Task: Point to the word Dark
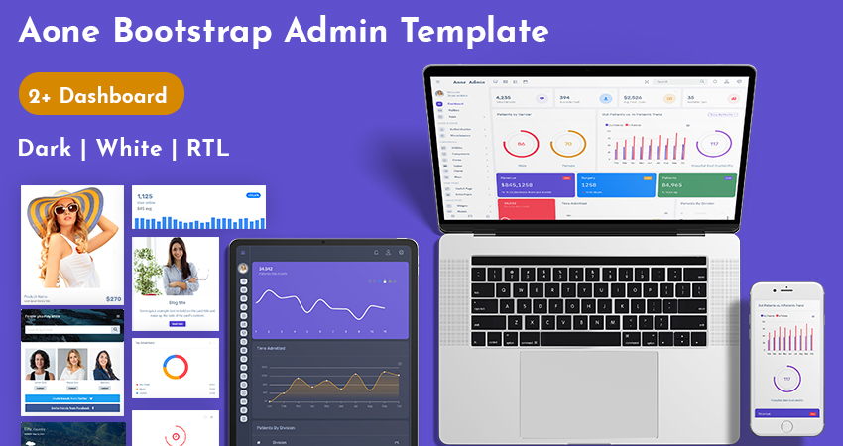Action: click(x=45, y=149)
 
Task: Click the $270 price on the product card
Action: click(x=113, y=297)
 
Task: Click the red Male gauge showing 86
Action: click(x=521, y=145)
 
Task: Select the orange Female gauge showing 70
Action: click(x=568, y=145)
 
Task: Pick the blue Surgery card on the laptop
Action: click(x=614, y=184)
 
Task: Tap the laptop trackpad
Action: click(x=587, y=392)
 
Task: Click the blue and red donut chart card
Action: click(x=177, y=368)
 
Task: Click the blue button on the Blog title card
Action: click(x=177, y=323)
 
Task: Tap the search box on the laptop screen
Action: click(x=674, y=82)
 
